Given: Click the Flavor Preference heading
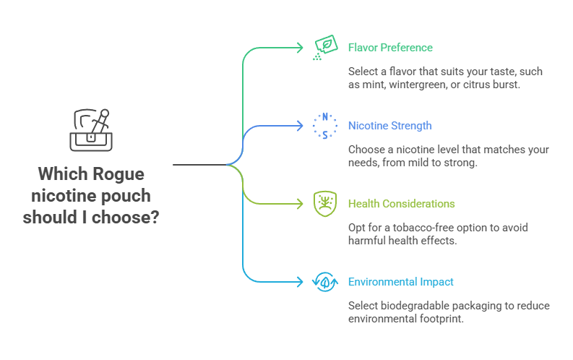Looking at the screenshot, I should coord(390,48).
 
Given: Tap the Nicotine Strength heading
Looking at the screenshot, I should coord(389,126).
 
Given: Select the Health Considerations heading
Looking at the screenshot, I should coord(401,204).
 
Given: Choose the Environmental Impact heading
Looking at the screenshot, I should coord(400,282).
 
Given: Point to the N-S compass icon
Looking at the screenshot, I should coord(324,126).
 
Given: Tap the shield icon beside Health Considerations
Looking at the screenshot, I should coord(324,204).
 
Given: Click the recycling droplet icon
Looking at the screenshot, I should coord(324,282).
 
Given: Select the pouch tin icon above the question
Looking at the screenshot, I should coord(91,130).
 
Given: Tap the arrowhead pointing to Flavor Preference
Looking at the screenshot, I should coord(300,48).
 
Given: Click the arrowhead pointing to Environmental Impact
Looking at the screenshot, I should coord(300,282).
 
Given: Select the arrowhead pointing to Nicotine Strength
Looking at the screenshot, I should coord(300,126).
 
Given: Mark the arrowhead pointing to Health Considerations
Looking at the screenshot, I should coord(300,204).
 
